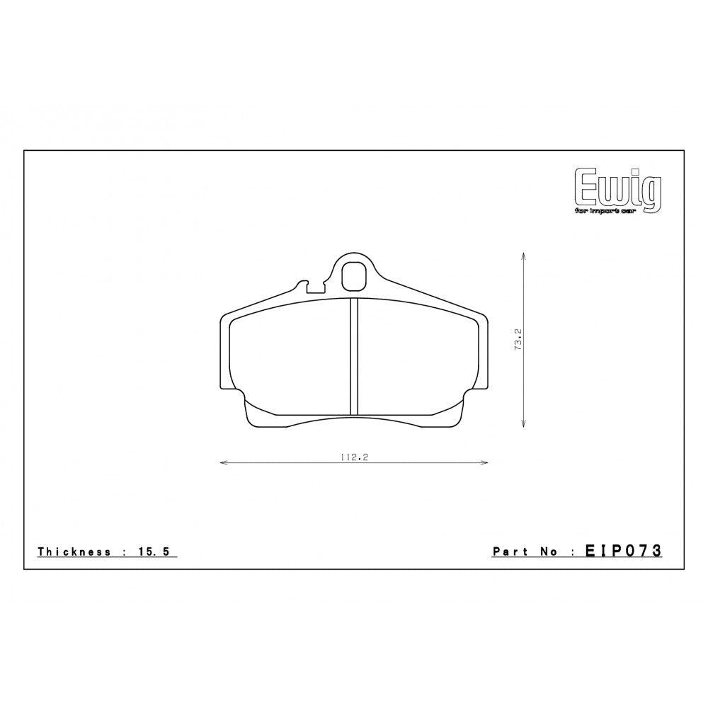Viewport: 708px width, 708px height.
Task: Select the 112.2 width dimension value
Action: pyautogui.click(x=355, y=457)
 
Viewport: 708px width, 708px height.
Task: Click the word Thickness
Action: pyautogui.click(x=74, y=552)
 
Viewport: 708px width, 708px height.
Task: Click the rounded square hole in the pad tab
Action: pyautogui.click(x=354, y=276)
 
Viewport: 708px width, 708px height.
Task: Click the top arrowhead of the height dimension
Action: pyautogui.click(x=523, y=253)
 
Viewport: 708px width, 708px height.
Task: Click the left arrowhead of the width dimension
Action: pyautogui.click(x=223, y=463)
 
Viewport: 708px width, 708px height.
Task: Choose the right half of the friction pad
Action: pyautogui.click(x=418, y=358)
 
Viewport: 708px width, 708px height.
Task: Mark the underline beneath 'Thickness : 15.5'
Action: pyautogui.click(x=106, y=559)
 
